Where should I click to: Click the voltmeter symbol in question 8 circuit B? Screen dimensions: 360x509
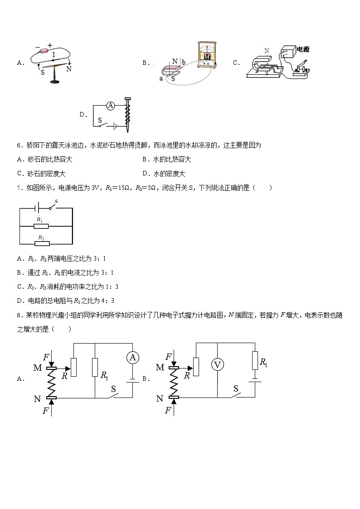coord(218,364)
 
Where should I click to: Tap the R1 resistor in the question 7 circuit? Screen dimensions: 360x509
coord(41,226)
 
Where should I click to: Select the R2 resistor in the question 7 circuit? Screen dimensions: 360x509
coord(41,243)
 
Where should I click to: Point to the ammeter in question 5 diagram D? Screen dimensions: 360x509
coord(110,106)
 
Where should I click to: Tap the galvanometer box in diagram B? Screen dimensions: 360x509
coord(207,56)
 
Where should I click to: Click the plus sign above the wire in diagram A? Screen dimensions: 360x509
coord(49,45)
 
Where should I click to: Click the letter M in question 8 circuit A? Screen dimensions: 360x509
coord(38,368)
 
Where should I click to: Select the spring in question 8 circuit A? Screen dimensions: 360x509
coord(52,383)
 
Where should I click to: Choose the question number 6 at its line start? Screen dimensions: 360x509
coord(19,145)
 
